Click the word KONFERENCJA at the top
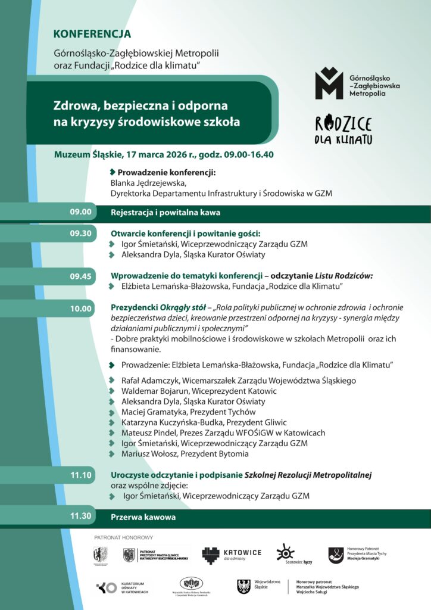92,34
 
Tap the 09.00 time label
81,211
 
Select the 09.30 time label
81,233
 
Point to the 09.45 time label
81,276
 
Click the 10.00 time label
81,309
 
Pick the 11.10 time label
81,475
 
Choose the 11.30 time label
81,516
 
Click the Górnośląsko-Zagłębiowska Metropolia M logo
329,83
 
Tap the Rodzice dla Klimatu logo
343,130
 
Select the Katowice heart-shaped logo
211,555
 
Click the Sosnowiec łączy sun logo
286,553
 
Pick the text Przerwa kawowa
143,517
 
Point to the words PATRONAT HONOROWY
123,538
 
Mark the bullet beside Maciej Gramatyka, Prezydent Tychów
113,412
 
